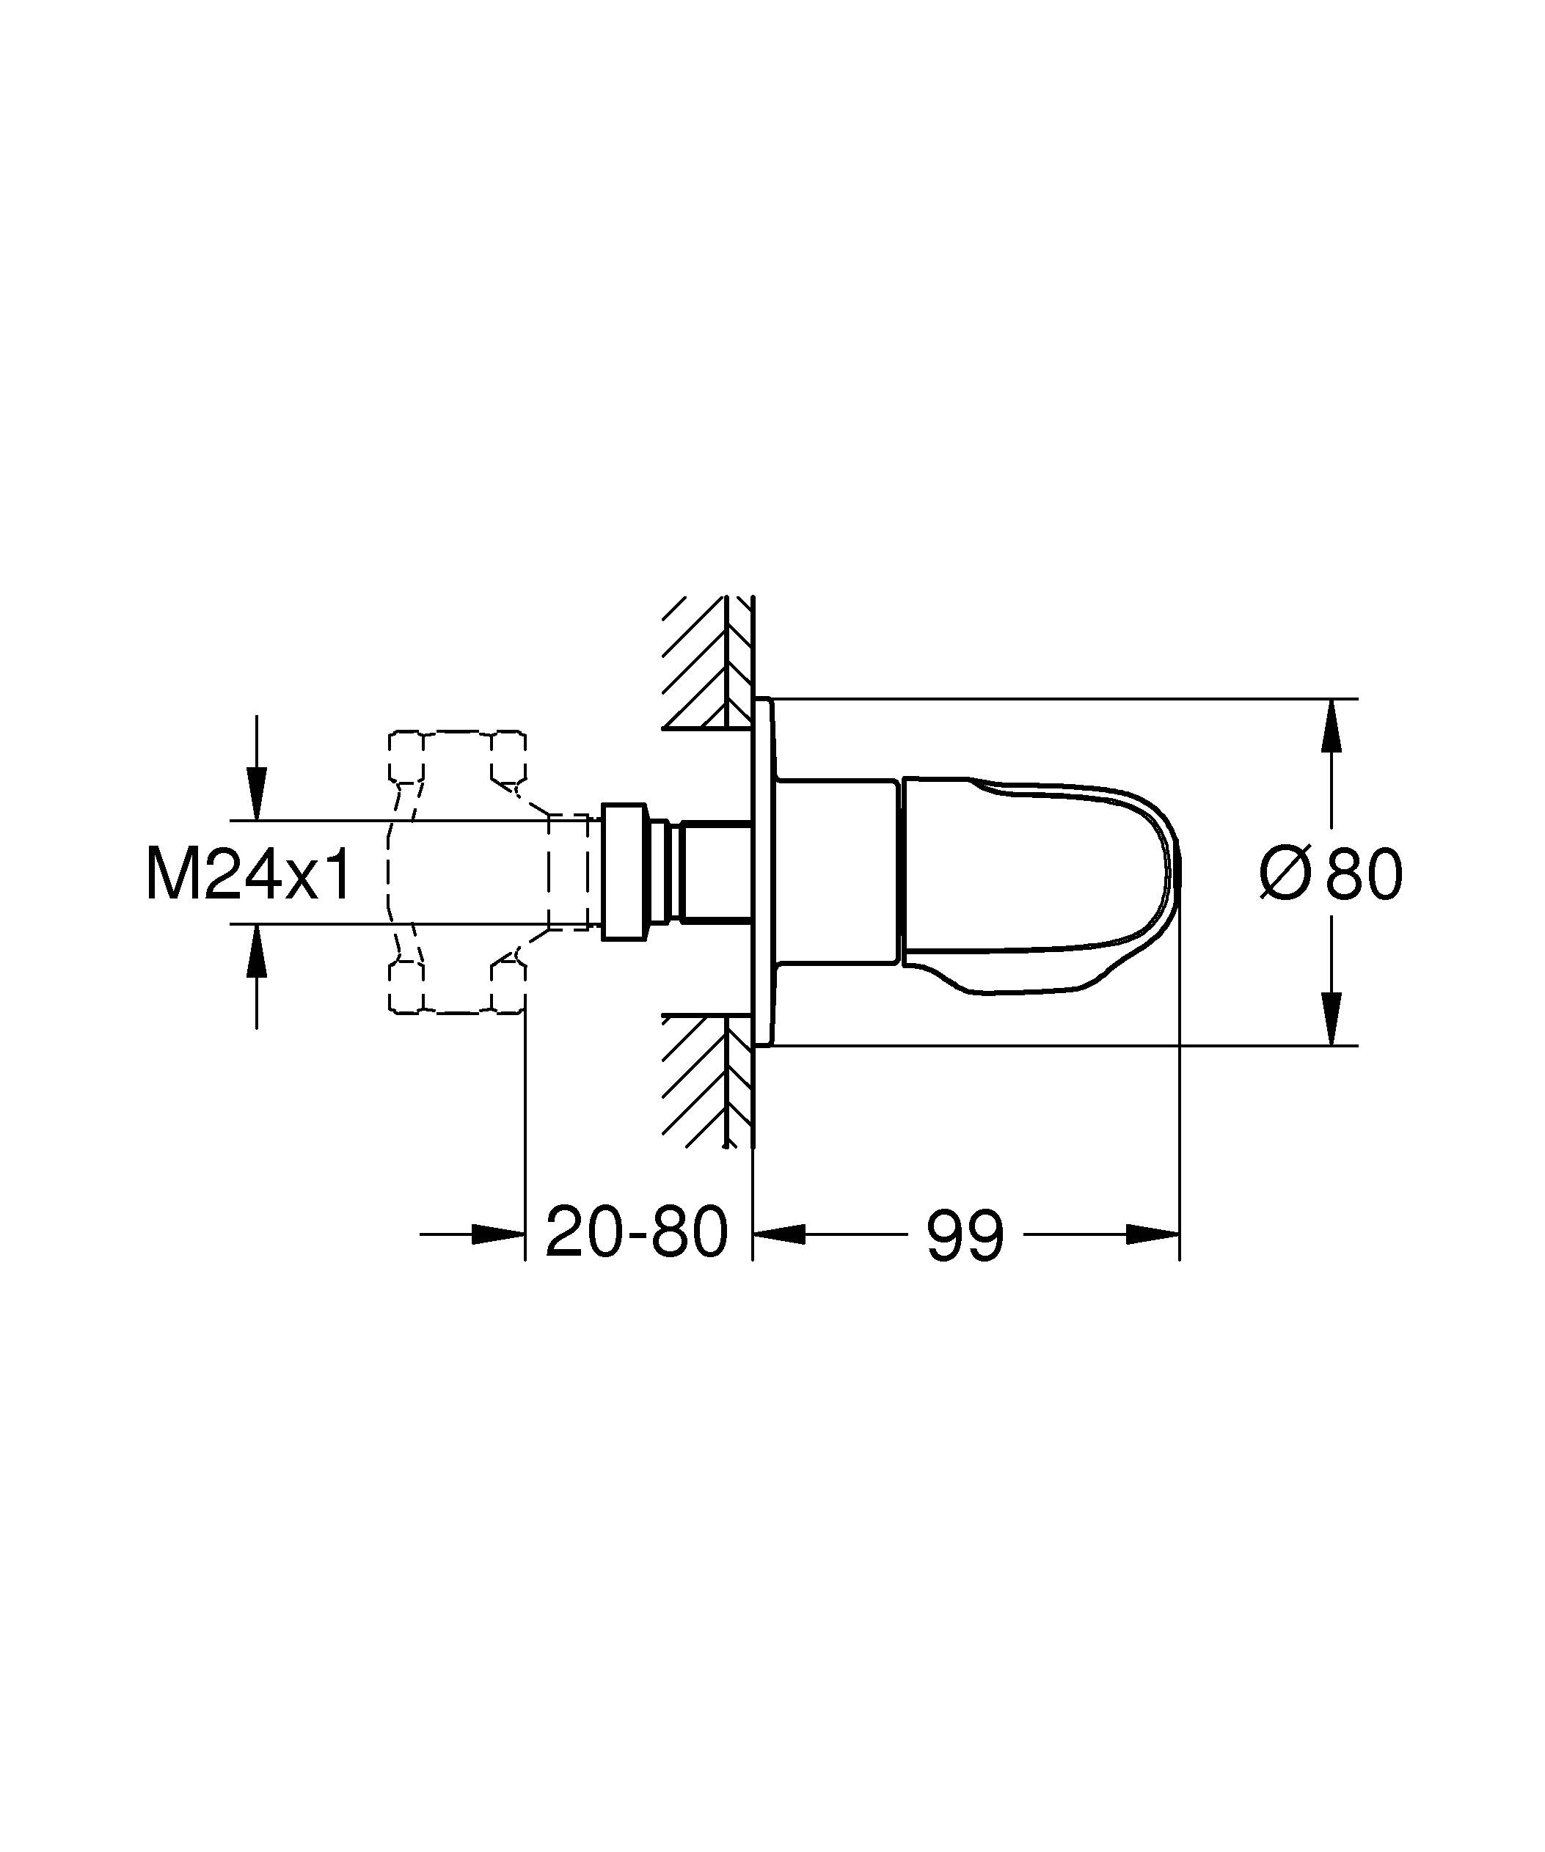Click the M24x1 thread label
tap(249, 874)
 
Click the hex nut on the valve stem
tap(623, 872)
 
